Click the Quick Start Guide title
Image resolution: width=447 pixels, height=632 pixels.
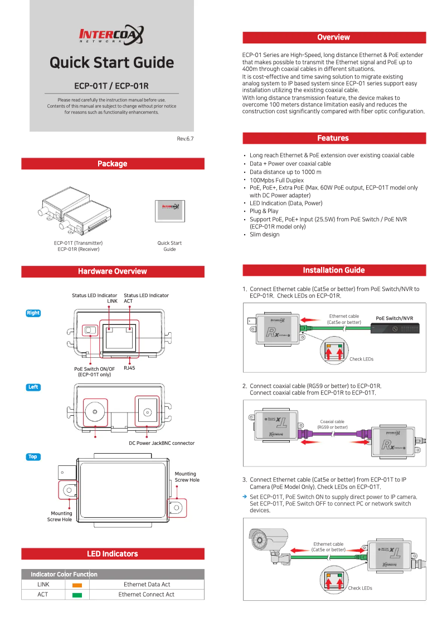111,62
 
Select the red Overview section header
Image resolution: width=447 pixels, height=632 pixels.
333,37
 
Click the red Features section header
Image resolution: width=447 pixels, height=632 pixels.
333,138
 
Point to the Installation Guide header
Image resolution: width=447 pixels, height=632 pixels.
333,270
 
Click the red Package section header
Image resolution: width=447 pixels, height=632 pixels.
113,164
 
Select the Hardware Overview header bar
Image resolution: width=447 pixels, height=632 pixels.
113,271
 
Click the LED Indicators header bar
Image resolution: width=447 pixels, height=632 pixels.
113,554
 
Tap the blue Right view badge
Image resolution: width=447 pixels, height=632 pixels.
33,313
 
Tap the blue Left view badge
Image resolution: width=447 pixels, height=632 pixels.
33,387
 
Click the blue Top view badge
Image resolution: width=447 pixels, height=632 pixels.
33,457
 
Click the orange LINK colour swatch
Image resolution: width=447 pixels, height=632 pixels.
77,585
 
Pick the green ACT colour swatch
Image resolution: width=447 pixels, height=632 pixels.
77,595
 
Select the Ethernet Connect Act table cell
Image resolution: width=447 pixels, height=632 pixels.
147,595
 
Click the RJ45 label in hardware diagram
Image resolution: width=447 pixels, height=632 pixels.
129,368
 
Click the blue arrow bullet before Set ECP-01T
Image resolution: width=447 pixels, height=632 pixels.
245,497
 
